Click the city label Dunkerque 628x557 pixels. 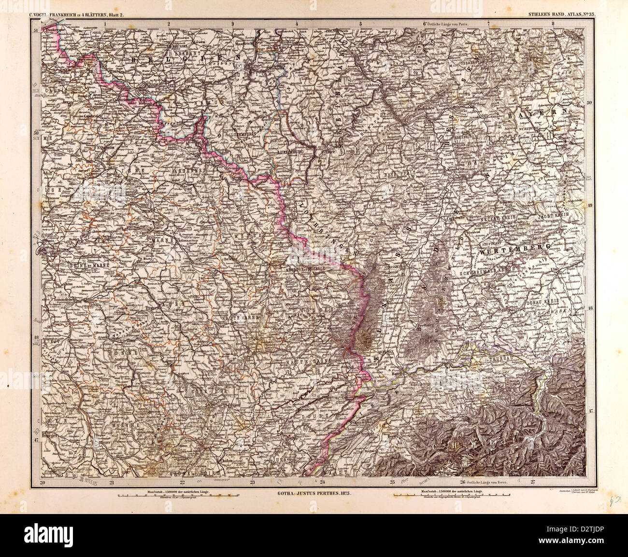pyautogui.click(x=54, y=29)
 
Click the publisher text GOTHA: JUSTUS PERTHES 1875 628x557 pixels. pyautogui.click(x=313, y=494)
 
